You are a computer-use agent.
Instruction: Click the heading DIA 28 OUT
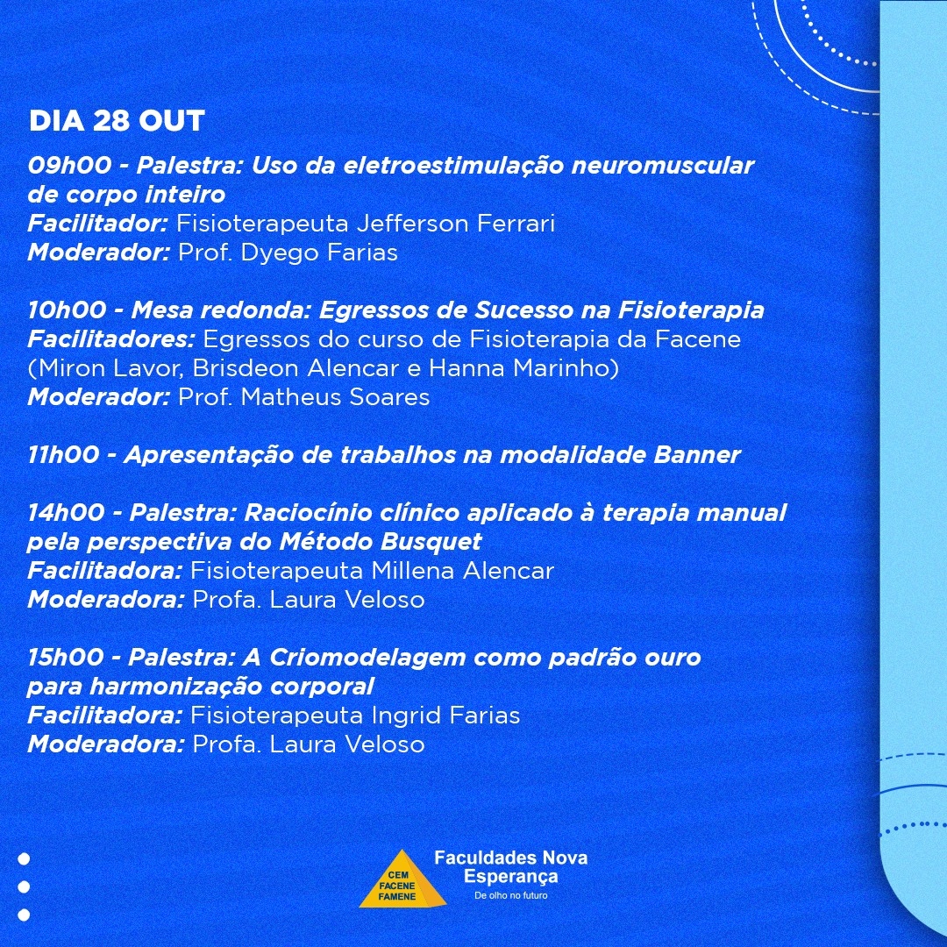click(117, 121)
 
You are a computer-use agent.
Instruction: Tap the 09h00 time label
click(69, 166)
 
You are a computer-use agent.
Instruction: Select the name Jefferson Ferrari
click(455, 224)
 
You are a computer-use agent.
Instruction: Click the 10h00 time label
click(67, 310)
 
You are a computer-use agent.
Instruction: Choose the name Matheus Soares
click(335, 397)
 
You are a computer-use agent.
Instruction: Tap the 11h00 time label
click(63, 455)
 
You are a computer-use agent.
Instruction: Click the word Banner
click(697, 455)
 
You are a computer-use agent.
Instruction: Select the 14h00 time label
click(67, 513)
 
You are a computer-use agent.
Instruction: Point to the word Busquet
click(431, 543)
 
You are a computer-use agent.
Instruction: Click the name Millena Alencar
click(462, 571)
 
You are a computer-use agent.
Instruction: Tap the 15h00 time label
click(66, 658)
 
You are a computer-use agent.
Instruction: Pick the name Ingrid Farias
click(445, 716)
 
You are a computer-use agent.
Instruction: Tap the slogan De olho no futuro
click(511, 895)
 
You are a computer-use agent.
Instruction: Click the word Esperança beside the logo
click(511, 876)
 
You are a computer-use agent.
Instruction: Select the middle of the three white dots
click(25, 886)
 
